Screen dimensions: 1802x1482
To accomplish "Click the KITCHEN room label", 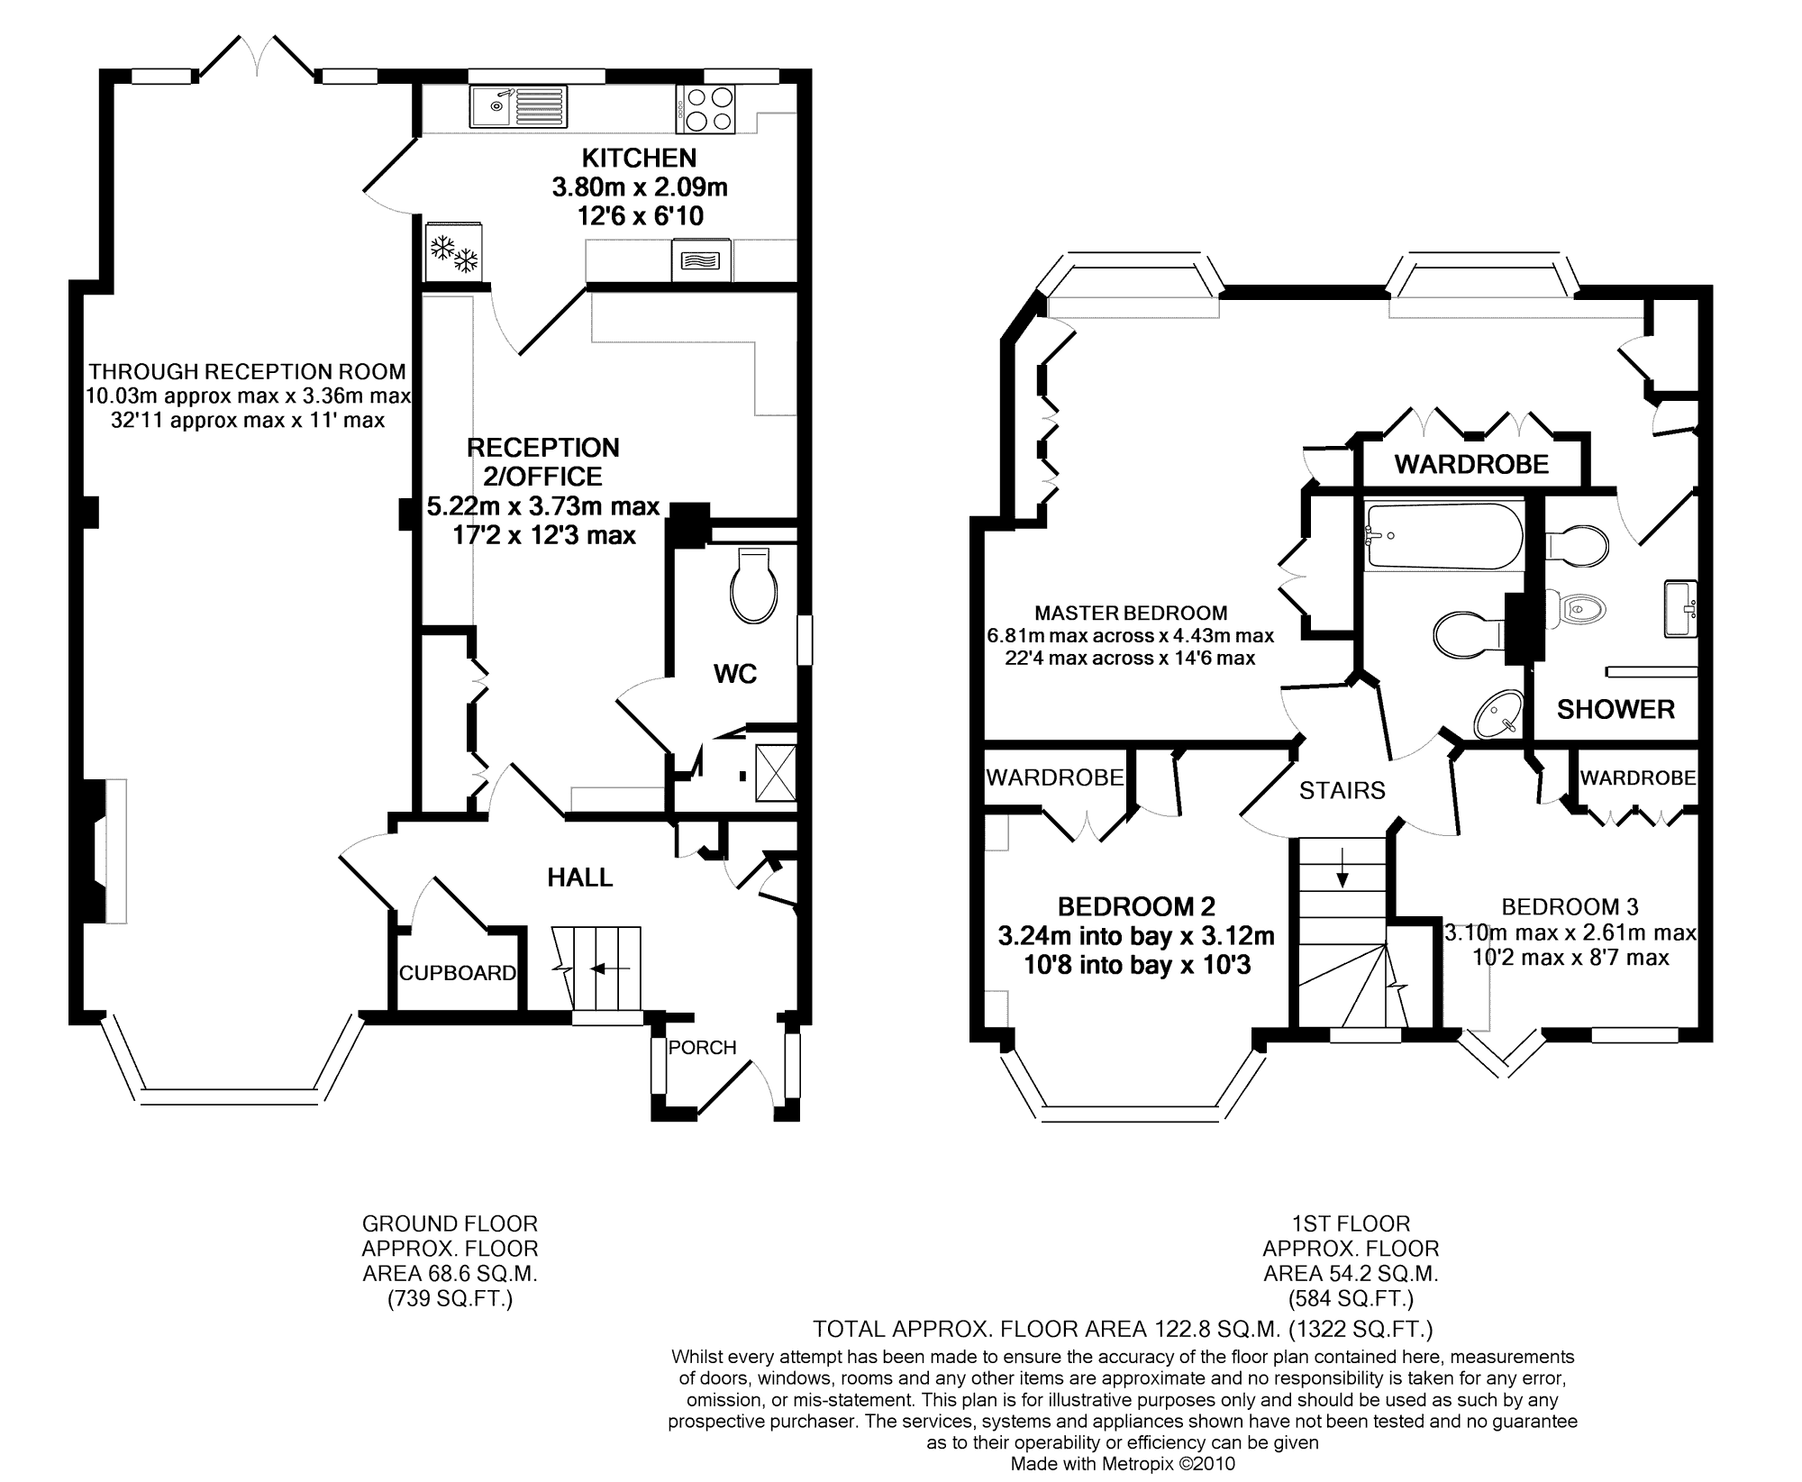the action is click(639, 159).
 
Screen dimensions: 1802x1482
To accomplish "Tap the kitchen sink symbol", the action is click(518, 105).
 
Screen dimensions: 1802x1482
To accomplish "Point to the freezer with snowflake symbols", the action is click(454, 251).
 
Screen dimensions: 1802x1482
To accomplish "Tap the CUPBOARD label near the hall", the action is click(458, 973).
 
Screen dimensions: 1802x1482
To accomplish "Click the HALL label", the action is click(580, 877).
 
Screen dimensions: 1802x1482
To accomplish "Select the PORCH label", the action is click(703, 1047).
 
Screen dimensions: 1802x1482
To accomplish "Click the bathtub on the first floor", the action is click(1443, 536).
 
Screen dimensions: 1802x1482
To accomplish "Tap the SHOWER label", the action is click(1616, 710).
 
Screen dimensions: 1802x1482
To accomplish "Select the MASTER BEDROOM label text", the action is click(1131, 614).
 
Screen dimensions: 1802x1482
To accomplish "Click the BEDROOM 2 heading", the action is click(1137, 906).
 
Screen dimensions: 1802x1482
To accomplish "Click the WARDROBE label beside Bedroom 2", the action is click(1055, 777).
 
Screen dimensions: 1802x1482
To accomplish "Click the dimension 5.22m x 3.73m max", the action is click(543, 506).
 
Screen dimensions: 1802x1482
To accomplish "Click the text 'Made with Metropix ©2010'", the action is click(1123, 1464).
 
